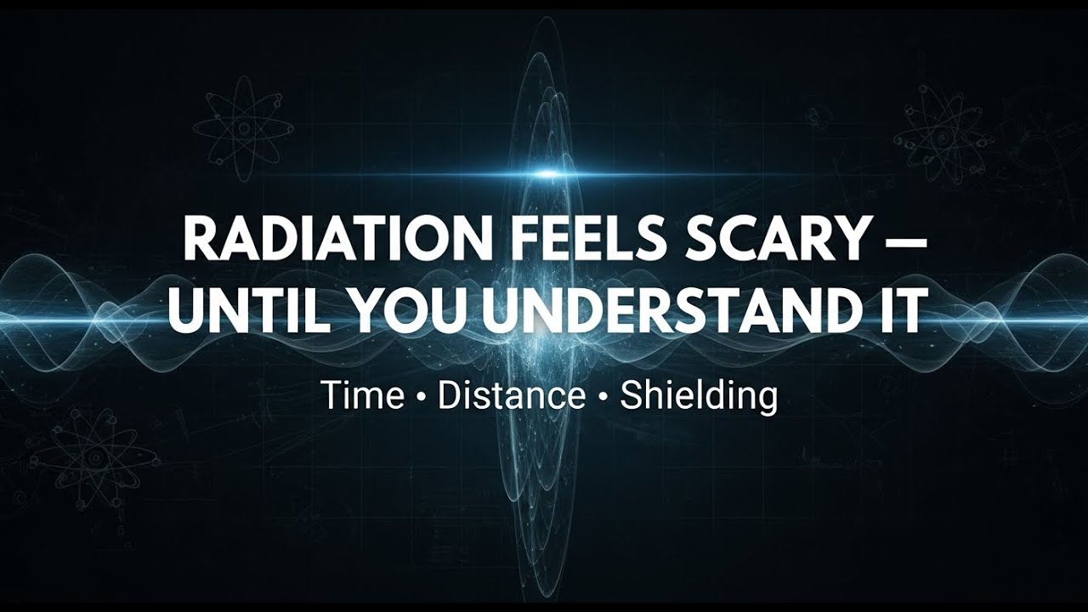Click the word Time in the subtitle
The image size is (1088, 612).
tap(362, 395)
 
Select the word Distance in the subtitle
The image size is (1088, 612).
tap(512, 395)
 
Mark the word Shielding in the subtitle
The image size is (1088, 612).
tap(699, 397)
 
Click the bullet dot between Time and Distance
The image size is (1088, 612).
tap(421, 397)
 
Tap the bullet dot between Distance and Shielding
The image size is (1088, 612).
tap(603, 397)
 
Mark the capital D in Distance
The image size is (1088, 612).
tap(449, 395)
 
